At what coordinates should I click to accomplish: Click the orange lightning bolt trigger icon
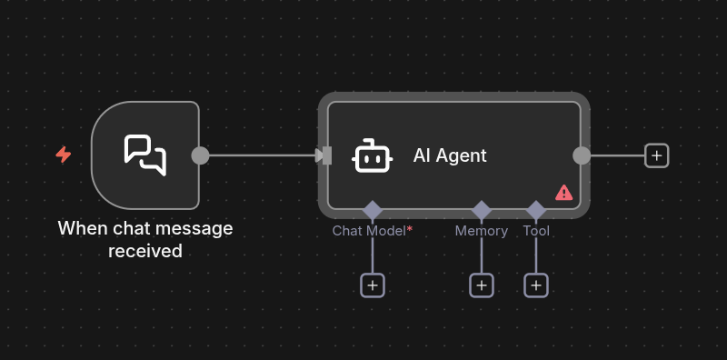[x=64, y=155]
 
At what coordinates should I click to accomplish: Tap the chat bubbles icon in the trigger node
[x=145, y=155]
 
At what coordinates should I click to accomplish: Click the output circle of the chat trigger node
[x=200, y=155]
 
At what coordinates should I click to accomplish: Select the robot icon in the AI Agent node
[x=373, y=155]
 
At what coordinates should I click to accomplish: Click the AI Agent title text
[x=450, y=155]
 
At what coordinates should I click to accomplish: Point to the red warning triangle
[x=564, y=193]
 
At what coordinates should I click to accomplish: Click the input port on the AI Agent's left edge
[x=326, y=155]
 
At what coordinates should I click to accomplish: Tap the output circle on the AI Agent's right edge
[x=582, y=155]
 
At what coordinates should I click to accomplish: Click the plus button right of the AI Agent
[x=657, y=155]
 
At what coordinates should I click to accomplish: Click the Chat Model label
[x=368, y=231]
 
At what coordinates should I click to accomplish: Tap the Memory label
[x=481, y=231]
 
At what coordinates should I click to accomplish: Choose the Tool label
[x=536, y=231]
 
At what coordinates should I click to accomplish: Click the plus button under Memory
[x=482, y=285]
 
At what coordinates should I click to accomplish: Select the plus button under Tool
[x=536, y=285]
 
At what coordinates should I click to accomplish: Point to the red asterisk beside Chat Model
[x=410, y=229]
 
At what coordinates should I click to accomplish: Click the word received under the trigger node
[x=145, y=250]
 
